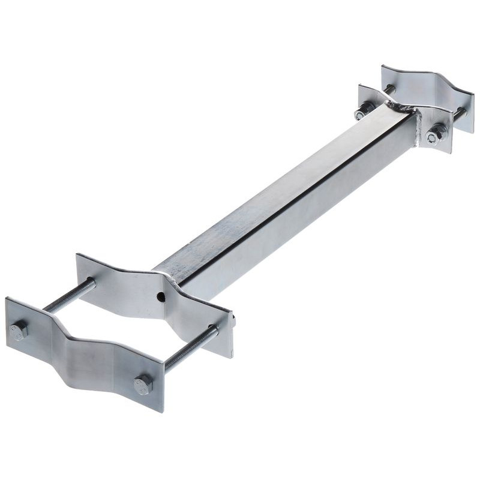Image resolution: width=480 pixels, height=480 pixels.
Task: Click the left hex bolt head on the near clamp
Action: click(x=19, y=331)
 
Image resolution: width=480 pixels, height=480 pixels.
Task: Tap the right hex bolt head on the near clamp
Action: click(x=143, y=385)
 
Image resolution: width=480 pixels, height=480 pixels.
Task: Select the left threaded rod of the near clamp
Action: click(x=69, y=296)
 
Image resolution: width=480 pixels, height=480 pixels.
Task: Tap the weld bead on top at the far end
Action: click(x=401, y=108)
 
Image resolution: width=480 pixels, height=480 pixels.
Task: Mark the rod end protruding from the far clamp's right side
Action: click(x=461, y=112)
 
